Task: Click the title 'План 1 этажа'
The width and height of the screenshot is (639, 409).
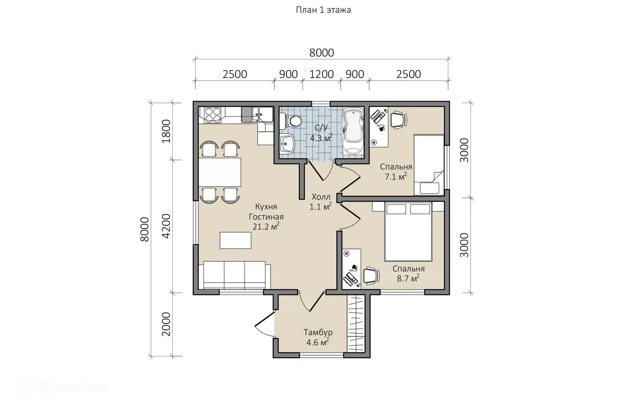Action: [323, 10]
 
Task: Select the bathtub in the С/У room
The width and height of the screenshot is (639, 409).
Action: [353, 131]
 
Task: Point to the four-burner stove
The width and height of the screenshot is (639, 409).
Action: [213, 115]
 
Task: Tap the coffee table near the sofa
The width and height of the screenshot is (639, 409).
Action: [235, 240]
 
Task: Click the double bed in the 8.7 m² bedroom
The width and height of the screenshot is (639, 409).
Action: [408, 231]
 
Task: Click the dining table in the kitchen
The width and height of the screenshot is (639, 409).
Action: [220, 172]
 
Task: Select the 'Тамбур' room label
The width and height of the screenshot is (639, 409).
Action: [318, 333]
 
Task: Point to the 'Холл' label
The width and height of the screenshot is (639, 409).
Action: [321, 197]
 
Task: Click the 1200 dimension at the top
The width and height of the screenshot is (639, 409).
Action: [321, 74]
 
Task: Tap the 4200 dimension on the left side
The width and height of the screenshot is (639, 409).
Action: [166, 226]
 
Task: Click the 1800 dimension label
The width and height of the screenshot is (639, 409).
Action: [166, 131]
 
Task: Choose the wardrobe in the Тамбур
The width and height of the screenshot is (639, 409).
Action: [356, 323]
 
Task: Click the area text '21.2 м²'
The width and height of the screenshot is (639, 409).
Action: [266, 226]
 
